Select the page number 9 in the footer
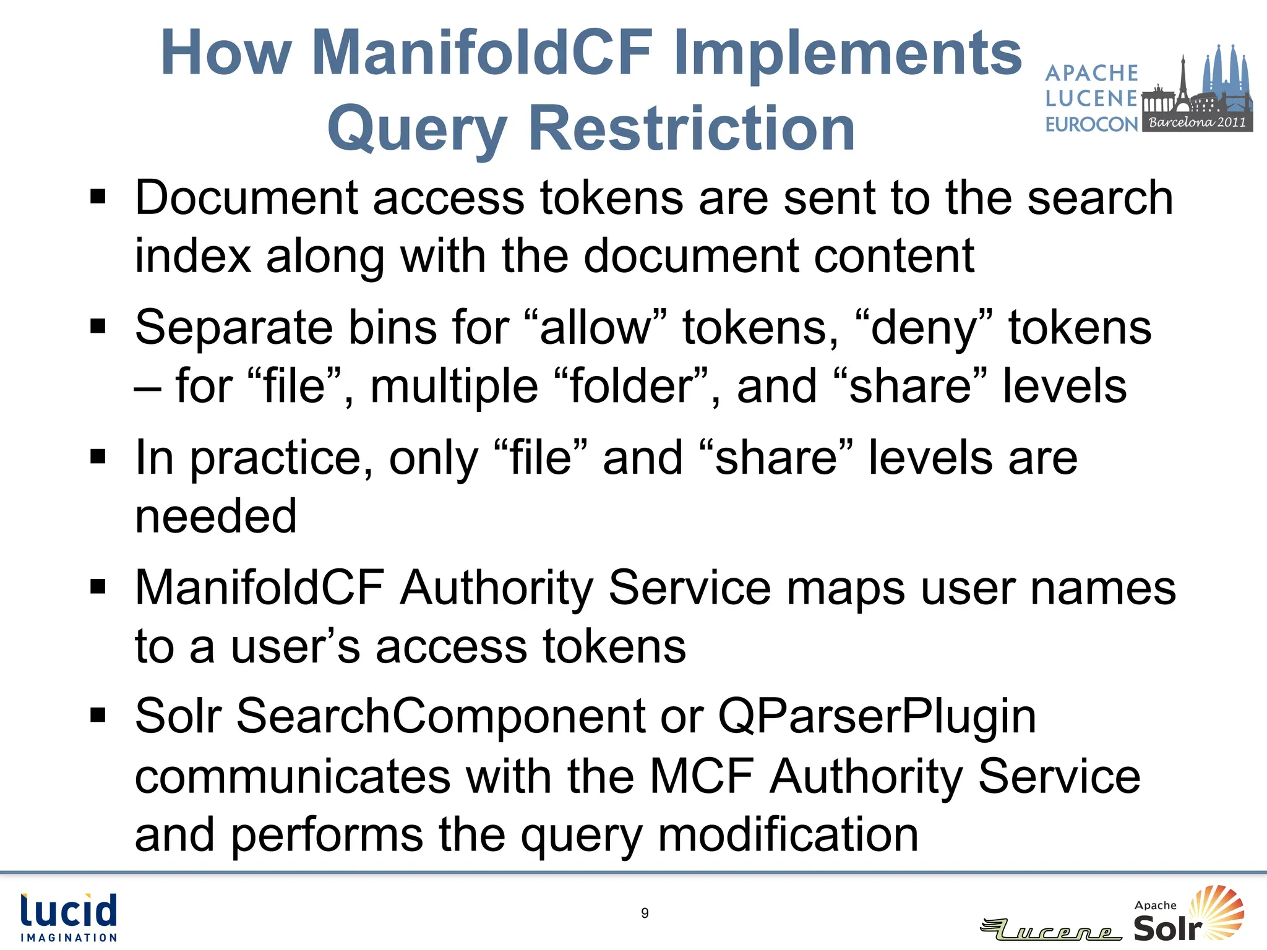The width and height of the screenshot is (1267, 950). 645,913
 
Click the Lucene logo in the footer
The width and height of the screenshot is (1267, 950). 1052,930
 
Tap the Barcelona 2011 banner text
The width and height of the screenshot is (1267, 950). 1197,122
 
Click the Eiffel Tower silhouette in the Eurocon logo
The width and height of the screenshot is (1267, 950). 1182,80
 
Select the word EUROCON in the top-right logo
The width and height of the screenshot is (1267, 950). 1091,124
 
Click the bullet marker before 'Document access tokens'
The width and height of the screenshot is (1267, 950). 98,197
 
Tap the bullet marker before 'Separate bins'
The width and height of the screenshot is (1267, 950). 98,326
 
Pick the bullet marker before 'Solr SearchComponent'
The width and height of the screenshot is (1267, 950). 98,716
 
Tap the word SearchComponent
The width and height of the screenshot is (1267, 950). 440,716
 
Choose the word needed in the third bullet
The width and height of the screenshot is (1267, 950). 216,516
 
